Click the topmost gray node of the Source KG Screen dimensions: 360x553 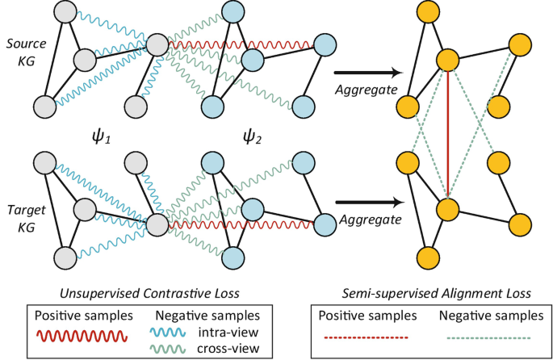67,11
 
